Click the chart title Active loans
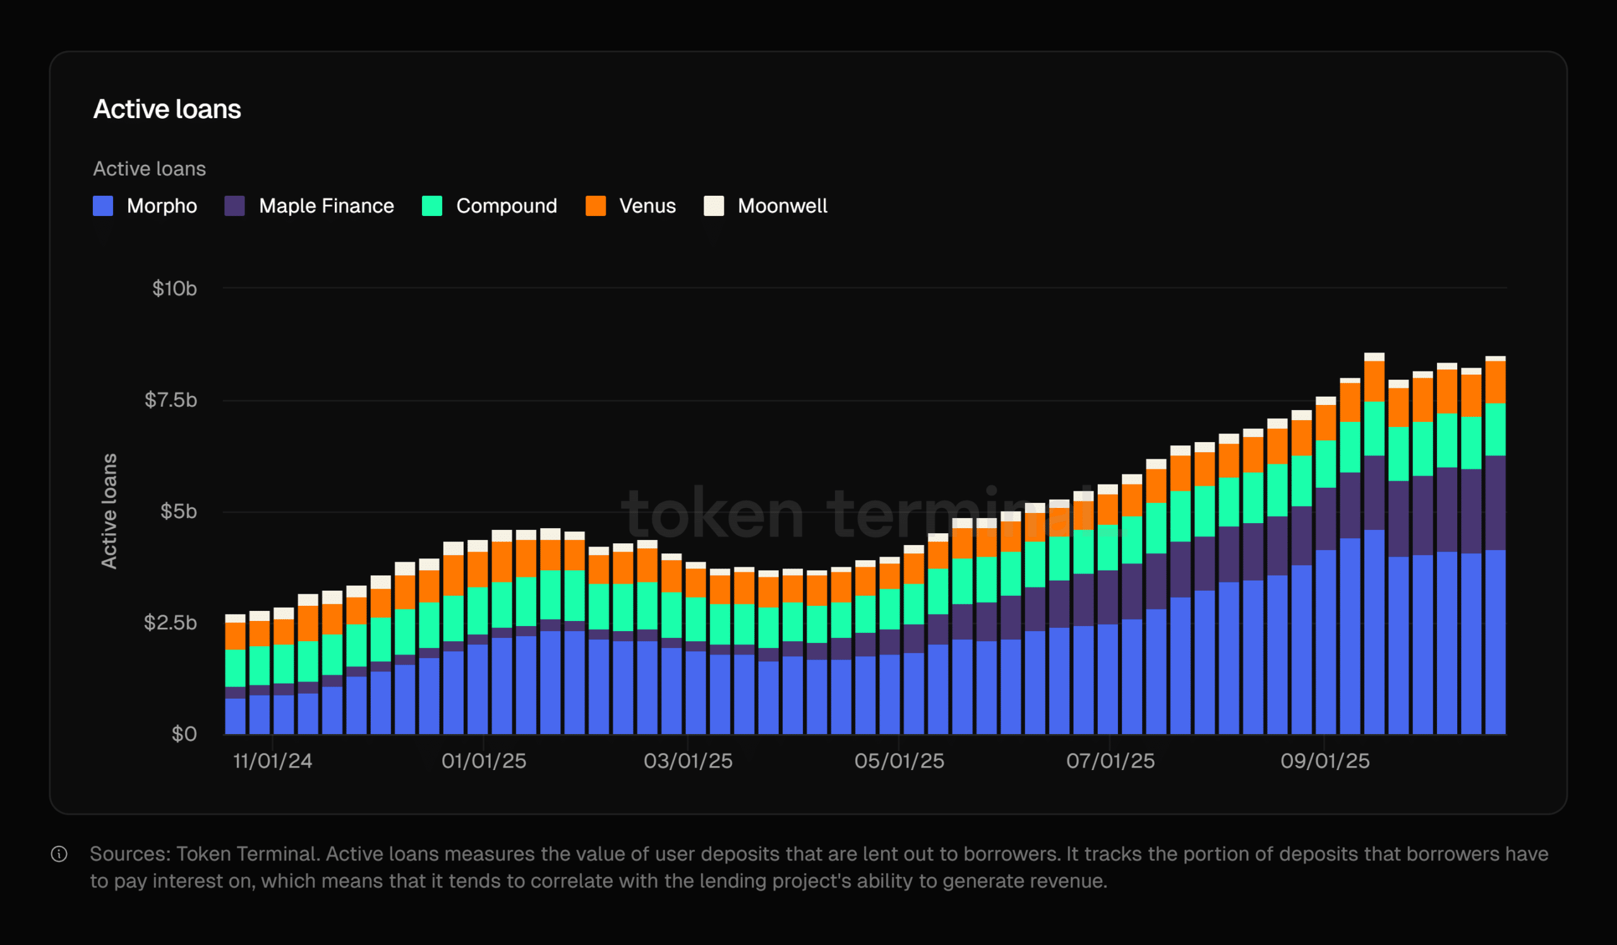tap(167, 109)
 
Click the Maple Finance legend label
tap(326, 206)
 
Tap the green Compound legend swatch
tap(432, 206)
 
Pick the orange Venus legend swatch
tap(596, 206)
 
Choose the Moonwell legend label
tap(781, 206)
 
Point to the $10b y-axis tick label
tap(174, 289)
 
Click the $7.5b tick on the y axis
tap(171, 400)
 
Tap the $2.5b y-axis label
tap(171, 623)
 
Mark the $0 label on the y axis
tap(184, 734)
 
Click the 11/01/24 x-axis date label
tap(272, 762)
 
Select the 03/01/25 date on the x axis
tap(688, 762)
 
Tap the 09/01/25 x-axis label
tap(1325, 762)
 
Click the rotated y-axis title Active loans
tap(110, 511)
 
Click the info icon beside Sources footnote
tap(59, 855)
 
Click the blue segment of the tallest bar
tap(1374, 632)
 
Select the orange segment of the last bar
tap(1496, 382)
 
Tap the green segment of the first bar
tap(235, 668)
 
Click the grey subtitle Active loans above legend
tap(150, 169)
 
